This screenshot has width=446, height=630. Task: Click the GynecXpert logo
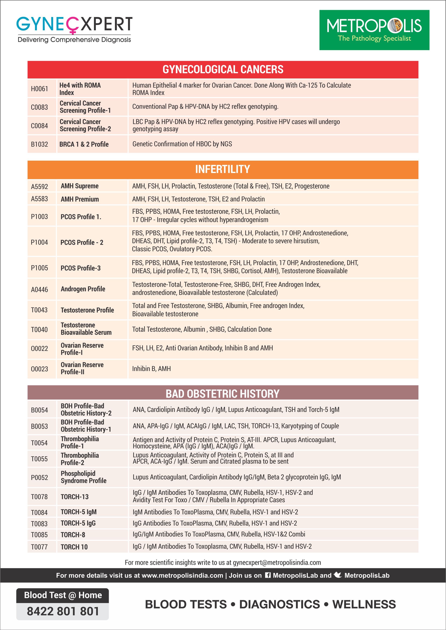click(74, 29)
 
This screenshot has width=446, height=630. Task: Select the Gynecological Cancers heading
click(223, 69)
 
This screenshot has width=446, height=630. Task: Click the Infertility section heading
click(223, 169)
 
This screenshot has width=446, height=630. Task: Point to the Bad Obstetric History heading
click(223, 394)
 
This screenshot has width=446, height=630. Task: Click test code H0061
click(40, 89)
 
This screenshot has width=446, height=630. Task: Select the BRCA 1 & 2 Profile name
click(84, 144)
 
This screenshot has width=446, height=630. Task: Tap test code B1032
click(40, 144)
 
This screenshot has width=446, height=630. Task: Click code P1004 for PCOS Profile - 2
click(40, 242)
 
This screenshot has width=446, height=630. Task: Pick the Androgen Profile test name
click(83, 289)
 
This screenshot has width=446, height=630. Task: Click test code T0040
click(39, 329)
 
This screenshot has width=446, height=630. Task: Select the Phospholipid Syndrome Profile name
click(83, 477)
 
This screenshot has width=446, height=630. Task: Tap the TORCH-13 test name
click(75, 497)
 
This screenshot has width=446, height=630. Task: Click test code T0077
click(39, 547)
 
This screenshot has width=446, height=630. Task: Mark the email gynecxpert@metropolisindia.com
click(277, 563)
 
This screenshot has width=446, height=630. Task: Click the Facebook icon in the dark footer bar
click(268, 575)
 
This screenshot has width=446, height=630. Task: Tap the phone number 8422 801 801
click(63, 611)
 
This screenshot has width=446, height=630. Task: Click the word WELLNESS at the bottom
click(364, 604)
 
